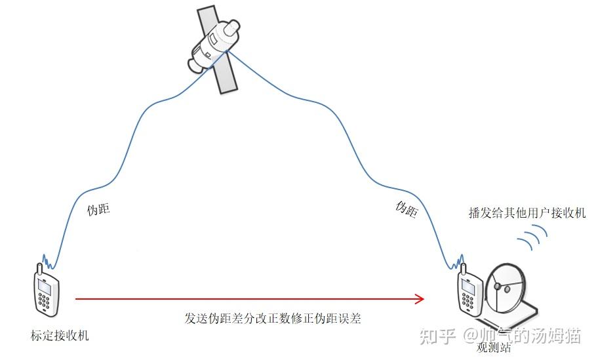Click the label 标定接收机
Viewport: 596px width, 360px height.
(x=59, y=336)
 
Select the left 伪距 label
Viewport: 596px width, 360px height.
(x=98, y=210)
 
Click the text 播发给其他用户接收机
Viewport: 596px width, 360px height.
(x=527, y=213)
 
